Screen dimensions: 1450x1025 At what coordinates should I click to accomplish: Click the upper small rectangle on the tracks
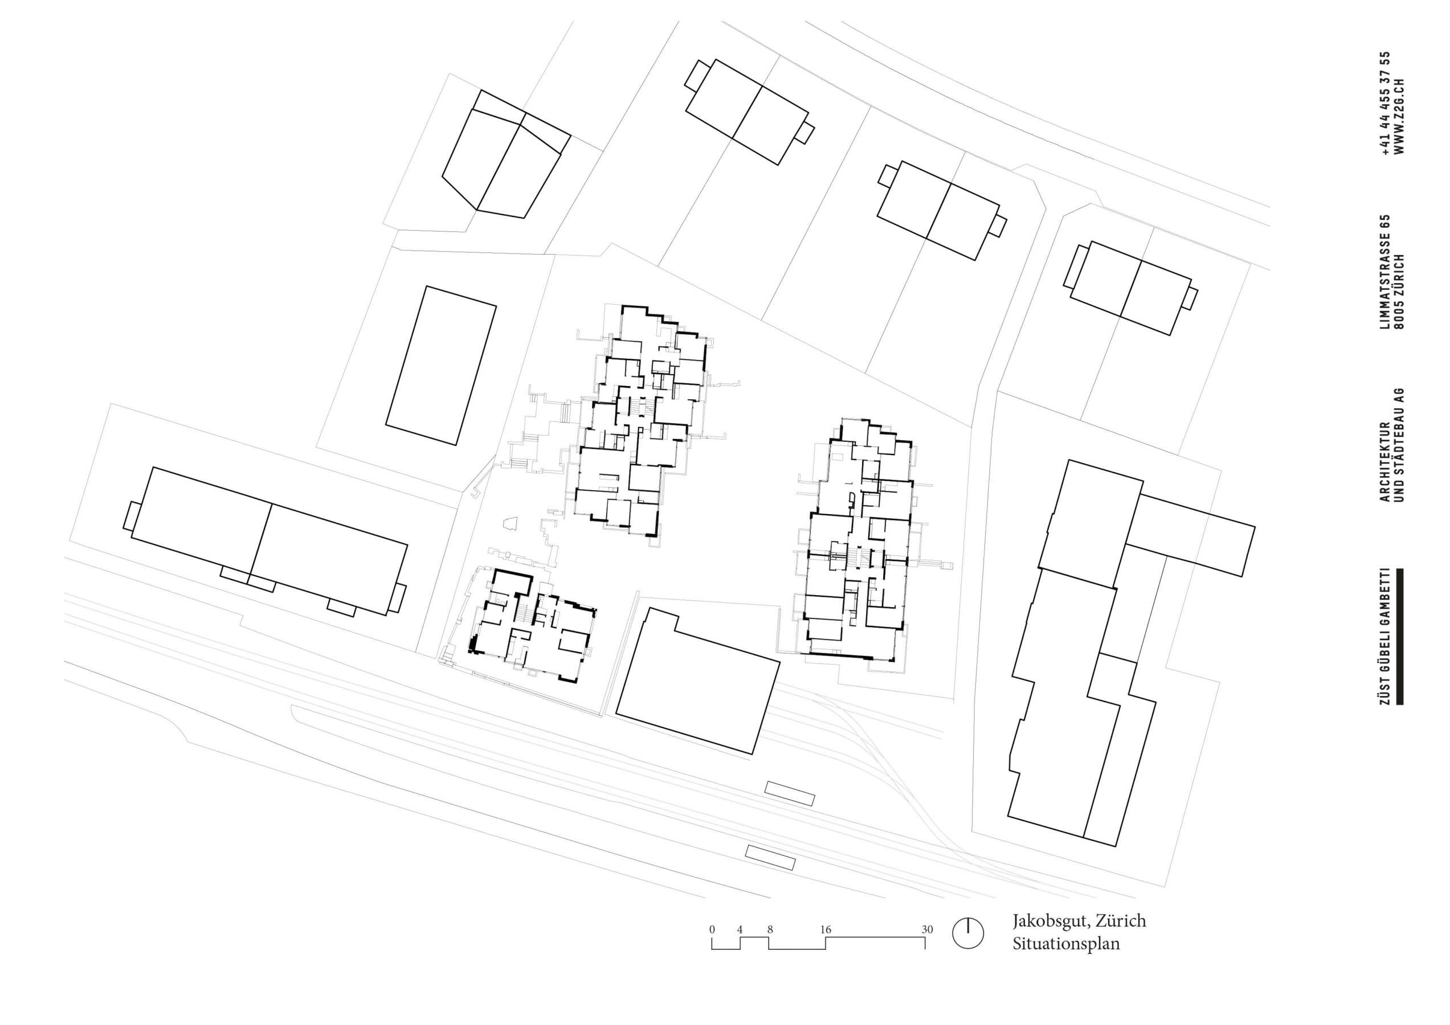click(790, 793)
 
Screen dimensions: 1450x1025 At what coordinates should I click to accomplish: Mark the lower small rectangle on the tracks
click(770, 858)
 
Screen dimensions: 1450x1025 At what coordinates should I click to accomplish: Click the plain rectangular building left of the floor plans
click(441, 366)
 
